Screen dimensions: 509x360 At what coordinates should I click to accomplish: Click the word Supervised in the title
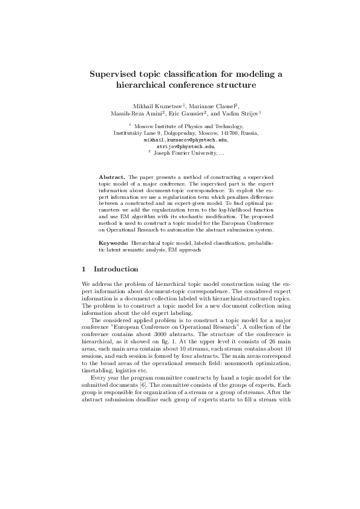116,74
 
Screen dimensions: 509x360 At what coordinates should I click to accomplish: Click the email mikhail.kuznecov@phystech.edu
181,139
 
